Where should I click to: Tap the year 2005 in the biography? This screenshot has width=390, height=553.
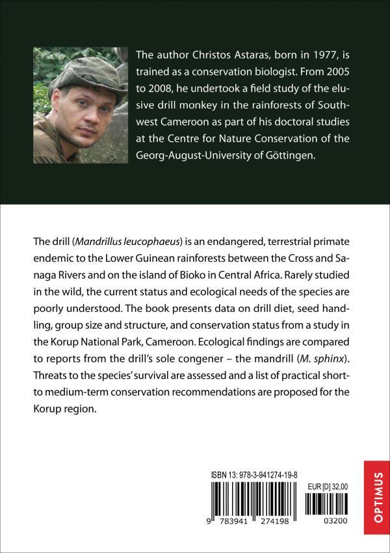click(x=326, y=73)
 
